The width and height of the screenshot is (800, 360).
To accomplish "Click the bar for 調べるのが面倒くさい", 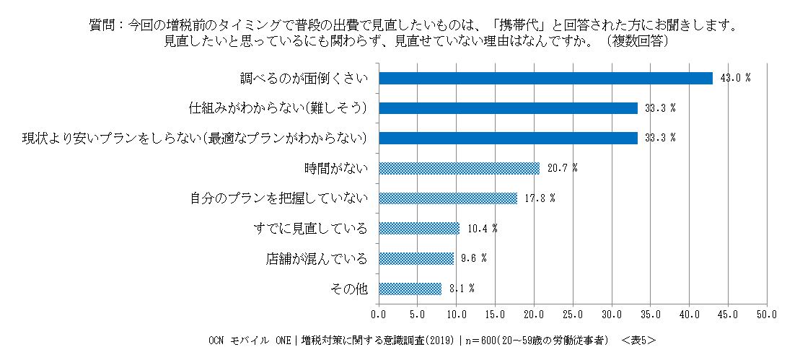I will [545, 78].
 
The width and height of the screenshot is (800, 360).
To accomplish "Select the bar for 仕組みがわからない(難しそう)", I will [508, 108].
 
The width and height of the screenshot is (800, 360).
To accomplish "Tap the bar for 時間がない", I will [459, 168].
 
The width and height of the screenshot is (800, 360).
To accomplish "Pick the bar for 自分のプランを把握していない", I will [448, 198].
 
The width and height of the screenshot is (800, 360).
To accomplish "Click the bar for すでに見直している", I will [419, 228].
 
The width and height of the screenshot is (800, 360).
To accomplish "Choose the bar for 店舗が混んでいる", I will [416, 258].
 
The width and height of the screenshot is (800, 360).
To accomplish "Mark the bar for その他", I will [410, 289].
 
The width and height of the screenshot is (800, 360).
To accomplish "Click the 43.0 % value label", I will [733, 78].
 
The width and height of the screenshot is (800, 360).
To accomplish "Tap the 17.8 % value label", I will [537, 198].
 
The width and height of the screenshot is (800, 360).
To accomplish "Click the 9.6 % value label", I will [473, 258].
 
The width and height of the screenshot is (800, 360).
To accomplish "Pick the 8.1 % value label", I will [462, 289].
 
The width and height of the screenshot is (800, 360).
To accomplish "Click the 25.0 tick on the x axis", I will [573, 315].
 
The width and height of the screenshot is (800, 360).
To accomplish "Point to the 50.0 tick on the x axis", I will [766, 315].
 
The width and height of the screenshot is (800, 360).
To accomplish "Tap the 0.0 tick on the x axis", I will [379, 315].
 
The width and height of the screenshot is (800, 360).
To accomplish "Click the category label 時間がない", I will [337, 168].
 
